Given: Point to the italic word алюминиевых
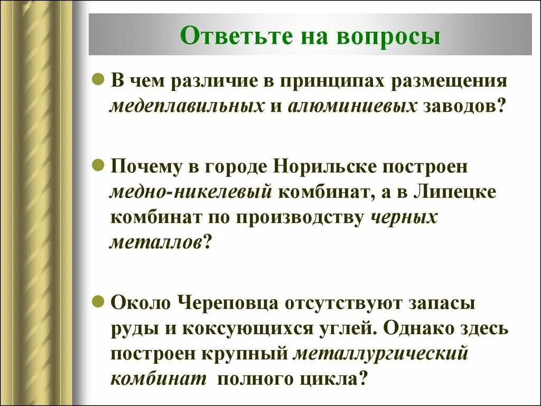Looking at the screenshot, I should point(352,106).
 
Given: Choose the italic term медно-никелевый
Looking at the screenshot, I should point(191,191).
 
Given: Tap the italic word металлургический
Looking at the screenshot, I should point(381,353).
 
